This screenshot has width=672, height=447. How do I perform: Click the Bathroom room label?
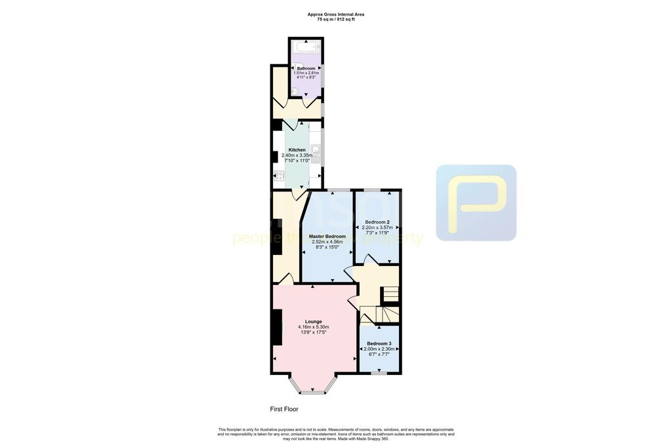point(306,68)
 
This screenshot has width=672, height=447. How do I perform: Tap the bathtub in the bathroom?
point(306,47)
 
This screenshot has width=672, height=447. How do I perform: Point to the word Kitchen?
point(297,150)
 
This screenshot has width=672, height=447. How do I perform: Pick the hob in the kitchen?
point(279,175)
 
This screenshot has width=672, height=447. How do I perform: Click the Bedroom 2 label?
point(377,222)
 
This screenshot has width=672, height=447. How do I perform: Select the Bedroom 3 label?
point(379,343)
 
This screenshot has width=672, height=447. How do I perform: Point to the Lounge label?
point(313,321)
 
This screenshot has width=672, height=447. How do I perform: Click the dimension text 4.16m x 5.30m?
point(313,327)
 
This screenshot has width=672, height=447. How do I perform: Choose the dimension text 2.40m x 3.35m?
point(297,155)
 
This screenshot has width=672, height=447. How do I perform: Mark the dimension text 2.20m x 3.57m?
point(377,227)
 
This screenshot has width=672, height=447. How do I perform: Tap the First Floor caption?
point(284,409)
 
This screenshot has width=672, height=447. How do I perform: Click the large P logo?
point(476,203)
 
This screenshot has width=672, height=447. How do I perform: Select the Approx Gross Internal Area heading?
point(336,14)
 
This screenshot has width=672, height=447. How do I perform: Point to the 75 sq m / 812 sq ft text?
point(336,20)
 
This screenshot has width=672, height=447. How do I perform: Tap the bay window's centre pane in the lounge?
point(312,393)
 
